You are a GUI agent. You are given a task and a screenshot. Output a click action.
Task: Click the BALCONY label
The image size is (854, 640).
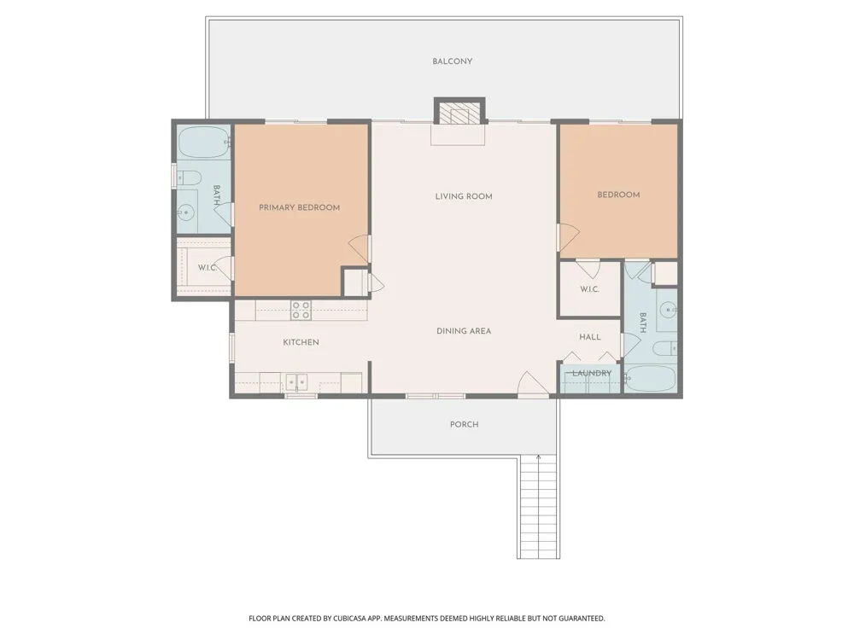click(452, 61)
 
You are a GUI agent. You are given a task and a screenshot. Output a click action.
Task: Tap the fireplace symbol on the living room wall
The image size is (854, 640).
click(459, 112)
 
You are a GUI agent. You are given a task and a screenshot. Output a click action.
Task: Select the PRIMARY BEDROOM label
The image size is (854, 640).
click(299, 207)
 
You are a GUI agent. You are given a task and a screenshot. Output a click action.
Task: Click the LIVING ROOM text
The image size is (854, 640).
click(464, 196)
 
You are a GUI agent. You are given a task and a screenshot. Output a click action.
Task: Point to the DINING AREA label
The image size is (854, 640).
click(464, 331)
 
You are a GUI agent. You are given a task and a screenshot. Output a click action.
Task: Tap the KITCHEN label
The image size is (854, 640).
click(301, 342)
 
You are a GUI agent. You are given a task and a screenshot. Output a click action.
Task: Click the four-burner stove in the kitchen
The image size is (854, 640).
click(301, 311)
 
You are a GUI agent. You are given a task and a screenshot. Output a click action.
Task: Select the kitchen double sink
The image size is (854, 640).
click(297, 382)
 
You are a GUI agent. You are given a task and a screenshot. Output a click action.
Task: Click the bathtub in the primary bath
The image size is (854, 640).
click(204, 143)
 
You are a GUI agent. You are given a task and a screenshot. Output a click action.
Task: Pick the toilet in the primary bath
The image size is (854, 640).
click(189, 178)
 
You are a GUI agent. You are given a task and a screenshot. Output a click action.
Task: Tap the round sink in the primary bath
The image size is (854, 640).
click(186, 212)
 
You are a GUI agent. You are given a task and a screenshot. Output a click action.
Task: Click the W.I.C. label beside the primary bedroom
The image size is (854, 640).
click(208, 268)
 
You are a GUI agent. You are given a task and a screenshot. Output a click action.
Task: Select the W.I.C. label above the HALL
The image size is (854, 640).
click(589, 289)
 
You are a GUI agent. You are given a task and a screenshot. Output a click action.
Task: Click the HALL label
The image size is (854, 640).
click(590, 337)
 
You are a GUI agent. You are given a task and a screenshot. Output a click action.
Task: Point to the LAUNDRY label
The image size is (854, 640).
click(592, 374)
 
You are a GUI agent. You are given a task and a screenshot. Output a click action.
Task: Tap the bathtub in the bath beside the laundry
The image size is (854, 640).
click(650, 379)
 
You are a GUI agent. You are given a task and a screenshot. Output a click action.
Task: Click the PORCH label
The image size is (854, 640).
click(464, 424)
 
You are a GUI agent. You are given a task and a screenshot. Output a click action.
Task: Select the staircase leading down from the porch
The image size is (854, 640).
click(539, 507)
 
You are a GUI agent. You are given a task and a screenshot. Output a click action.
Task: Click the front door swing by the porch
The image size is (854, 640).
click(533, 385)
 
